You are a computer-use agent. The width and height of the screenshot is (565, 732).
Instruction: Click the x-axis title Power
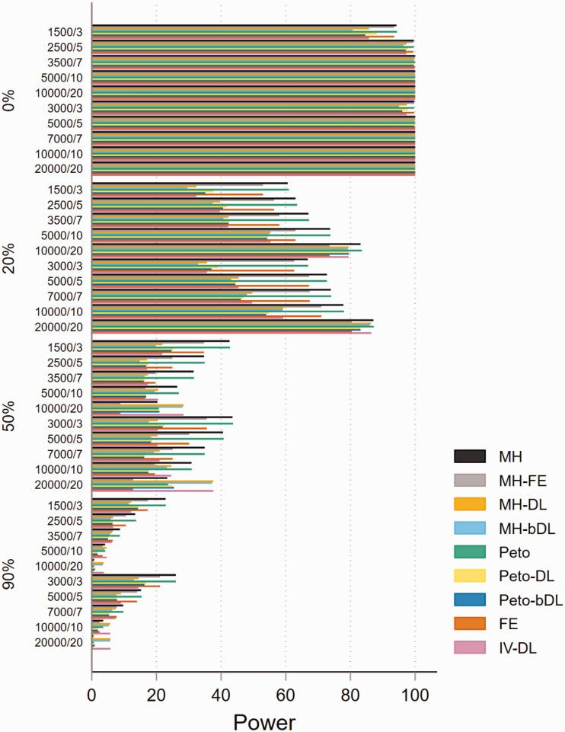click(264, 718)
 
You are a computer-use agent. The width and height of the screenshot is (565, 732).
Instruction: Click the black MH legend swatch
click(469, 456)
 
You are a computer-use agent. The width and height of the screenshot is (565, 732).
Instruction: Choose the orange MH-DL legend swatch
click(469, 503)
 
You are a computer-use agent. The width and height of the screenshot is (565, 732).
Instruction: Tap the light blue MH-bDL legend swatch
click(469, 527)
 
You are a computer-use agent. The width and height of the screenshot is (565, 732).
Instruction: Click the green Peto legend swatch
click(469, 551)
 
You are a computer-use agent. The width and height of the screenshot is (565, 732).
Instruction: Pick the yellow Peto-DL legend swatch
click(469, 575)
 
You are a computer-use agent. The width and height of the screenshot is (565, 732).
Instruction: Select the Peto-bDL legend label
click(527, 599)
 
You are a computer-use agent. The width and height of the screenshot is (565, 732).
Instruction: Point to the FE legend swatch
click(469, 622)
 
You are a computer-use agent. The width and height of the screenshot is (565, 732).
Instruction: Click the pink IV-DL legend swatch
click(469, 647)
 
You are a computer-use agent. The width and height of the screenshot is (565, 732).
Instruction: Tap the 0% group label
click(10, 99)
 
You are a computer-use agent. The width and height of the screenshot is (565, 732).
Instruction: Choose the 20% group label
click(10, 257)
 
